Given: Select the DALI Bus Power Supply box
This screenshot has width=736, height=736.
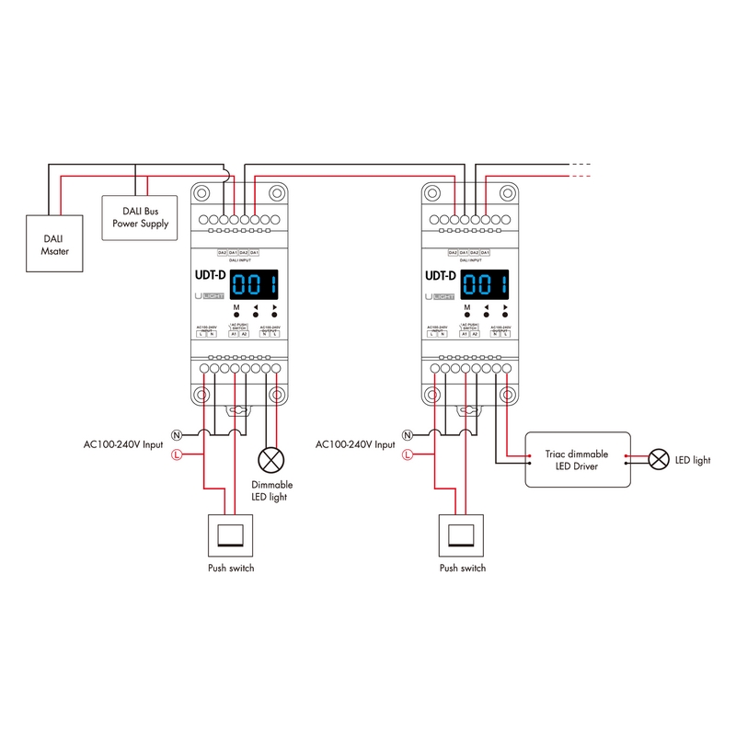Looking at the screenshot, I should [140, 216].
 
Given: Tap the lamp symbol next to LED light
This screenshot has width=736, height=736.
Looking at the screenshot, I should [659, 459].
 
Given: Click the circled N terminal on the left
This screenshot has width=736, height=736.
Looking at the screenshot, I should [177, 433].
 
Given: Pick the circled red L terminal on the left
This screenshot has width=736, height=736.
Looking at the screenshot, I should [177, 454].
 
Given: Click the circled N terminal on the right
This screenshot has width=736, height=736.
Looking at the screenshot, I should [407, 433].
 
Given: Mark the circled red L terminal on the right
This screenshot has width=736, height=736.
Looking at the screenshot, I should [407, 454].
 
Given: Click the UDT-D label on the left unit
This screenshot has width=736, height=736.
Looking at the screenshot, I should [211, 275].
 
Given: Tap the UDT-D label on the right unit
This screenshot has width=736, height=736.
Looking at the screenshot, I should [441, 275].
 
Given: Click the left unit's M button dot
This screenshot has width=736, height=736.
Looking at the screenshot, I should [236, 315].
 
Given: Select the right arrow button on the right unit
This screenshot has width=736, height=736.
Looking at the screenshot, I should [504, 315].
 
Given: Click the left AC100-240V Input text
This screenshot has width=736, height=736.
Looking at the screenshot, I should [123, 444].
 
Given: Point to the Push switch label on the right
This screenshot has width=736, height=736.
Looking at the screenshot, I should [462, 569].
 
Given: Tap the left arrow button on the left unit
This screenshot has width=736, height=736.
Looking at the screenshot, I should [255, 315].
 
